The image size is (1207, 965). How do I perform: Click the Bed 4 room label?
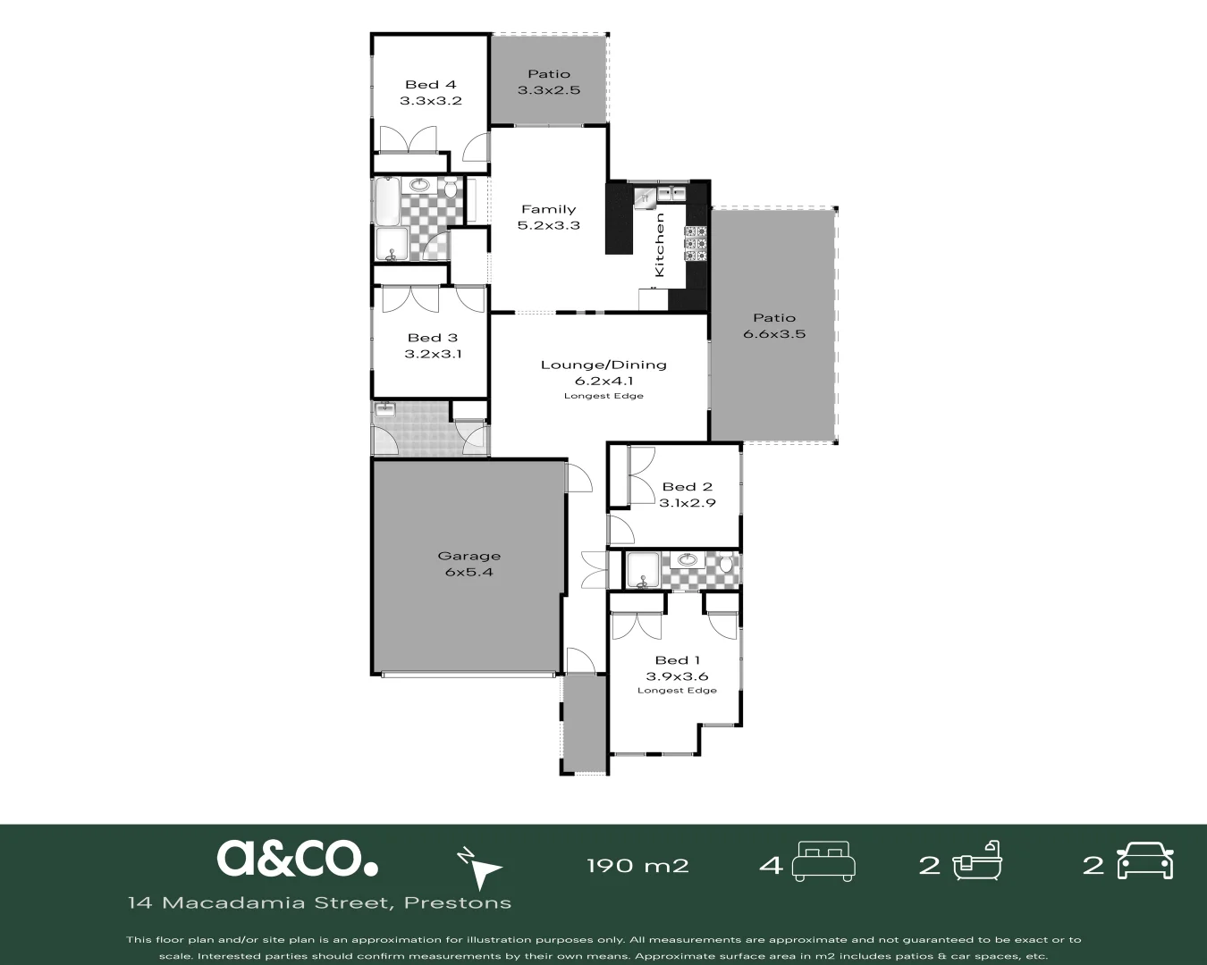[x=430, y=85]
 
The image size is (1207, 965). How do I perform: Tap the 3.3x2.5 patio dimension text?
[x=548, y=90]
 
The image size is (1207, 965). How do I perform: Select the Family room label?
[x=548, y=209]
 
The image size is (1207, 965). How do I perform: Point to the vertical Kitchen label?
[x=660, y=244]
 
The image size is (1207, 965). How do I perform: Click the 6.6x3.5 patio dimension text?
[x=773, y=334]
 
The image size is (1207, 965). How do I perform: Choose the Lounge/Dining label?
[x=603, y=365]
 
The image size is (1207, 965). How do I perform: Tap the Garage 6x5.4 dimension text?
[x=468, y=572]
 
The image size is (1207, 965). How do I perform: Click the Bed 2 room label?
[x=687, y=487]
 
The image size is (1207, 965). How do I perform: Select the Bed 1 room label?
[x=677, y=660]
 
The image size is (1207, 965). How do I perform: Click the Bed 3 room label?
[x=432, y=338]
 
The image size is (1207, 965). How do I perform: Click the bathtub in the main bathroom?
[x=387, y=202]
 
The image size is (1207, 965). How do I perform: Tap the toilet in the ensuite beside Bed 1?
[x=727, y=565]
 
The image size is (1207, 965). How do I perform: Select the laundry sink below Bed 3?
[x=385, y=410]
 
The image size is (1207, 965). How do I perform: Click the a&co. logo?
[x=297, y=858]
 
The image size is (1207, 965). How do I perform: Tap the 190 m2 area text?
[x=637, y=865]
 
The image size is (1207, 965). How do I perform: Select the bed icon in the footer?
[x=825, y=860]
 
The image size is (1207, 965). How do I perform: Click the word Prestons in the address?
[x=457, y=902]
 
